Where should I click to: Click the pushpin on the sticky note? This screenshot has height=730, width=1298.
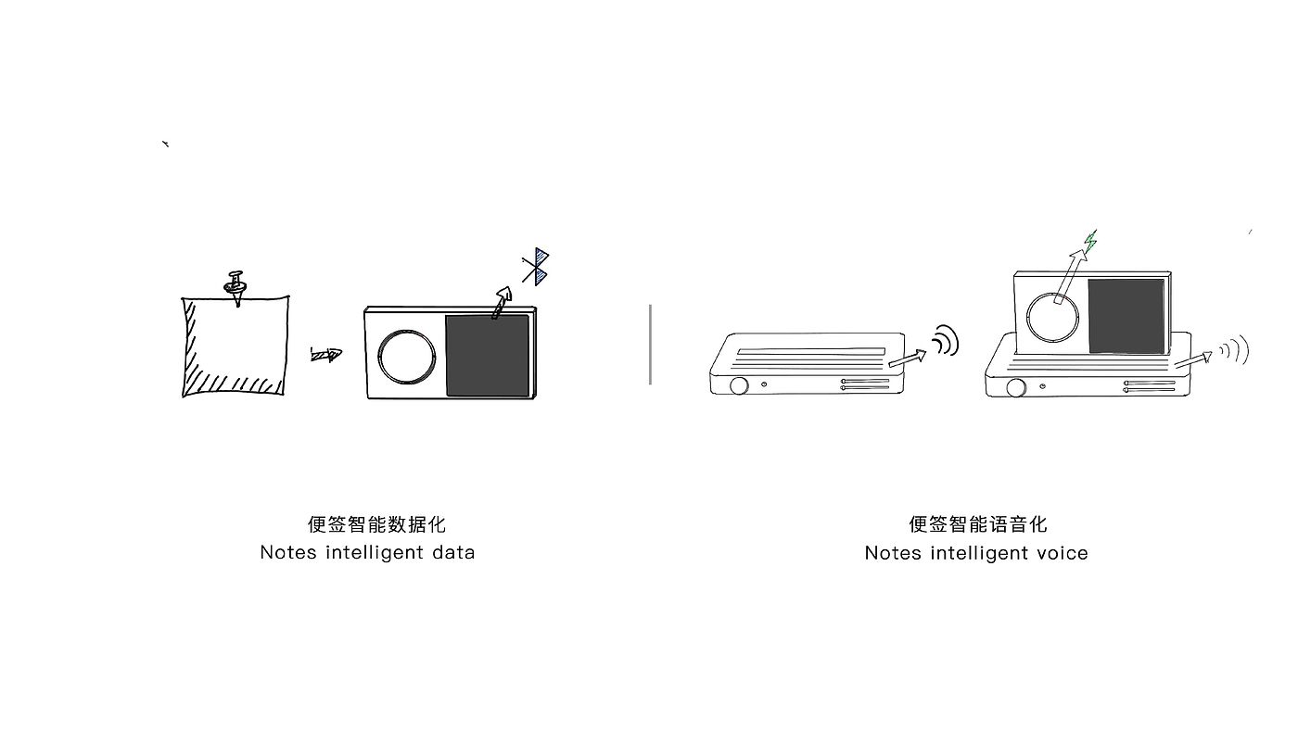(236, 285)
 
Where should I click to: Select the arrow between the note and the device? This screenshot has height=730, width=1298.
(325, 354)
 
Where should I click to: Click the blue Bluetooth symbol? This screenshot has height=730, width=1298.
(536, 267)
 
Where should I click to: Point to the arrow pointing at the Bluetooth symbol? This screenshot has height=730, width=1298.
(502, 302)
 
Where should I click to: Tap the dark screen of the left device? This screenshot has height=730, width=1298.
(488, 356)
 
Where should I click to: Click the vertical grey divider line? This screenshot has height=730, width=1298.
(650, 344)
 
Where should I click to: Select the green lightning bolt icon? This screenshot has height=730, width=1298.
(1091, 241)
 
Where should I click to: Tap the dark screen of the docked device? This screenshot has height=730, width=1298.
(1126, 316)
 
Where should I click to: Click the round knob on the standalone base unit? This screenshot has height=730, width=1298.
(738, 385)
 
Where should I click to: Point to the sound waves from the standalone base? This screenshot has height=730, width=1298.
(945, 341)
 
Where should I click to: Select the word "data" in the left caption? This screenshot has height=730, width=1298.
(453, 552)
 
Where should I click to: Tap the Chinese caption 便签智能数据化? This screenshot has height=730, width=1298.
(376, 524)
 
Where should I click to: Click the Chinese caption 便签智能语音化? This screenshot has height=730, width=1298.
(977, 524)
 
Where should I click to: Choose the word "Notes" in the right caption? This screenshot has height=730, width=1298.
(892, 553)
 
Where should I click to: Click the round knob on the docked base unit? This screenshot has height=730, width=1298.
(1016, 387)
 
